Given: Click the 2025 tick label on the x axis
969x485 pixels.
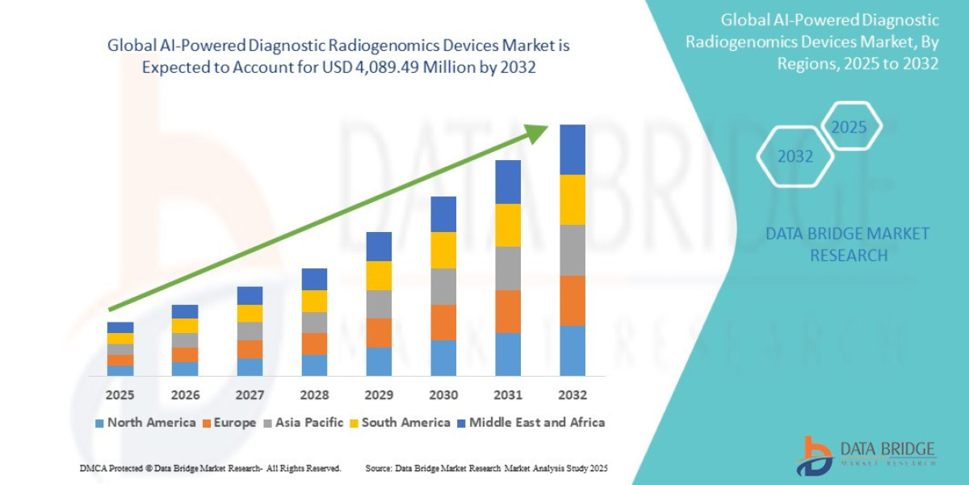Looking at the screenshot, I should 120,395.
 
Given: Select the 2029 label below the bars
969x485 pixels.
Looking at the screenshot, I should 379,395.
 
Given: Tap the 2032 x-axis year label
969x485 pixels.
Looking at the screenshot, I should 572,395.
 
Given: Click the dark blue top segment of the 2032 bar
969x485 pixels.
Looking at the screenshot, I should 573,150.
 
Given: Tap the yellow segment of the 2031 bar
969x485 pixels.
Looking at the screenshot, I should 508,225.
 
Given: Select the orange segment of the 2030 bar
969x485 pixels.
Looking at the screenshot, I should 443,322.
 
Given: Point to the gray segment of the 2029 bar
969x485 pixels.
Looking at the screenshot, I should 379,304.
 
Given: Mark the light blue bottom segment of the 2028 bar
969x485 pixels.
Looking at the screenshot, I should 314,365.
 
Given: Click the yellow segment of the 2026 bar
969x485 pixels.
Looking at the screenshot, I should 185,326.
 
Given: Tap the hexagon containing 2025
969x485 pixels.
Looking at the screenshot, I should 849,128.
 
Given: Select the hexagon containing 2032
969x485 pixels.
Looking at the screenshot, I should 795,156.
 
